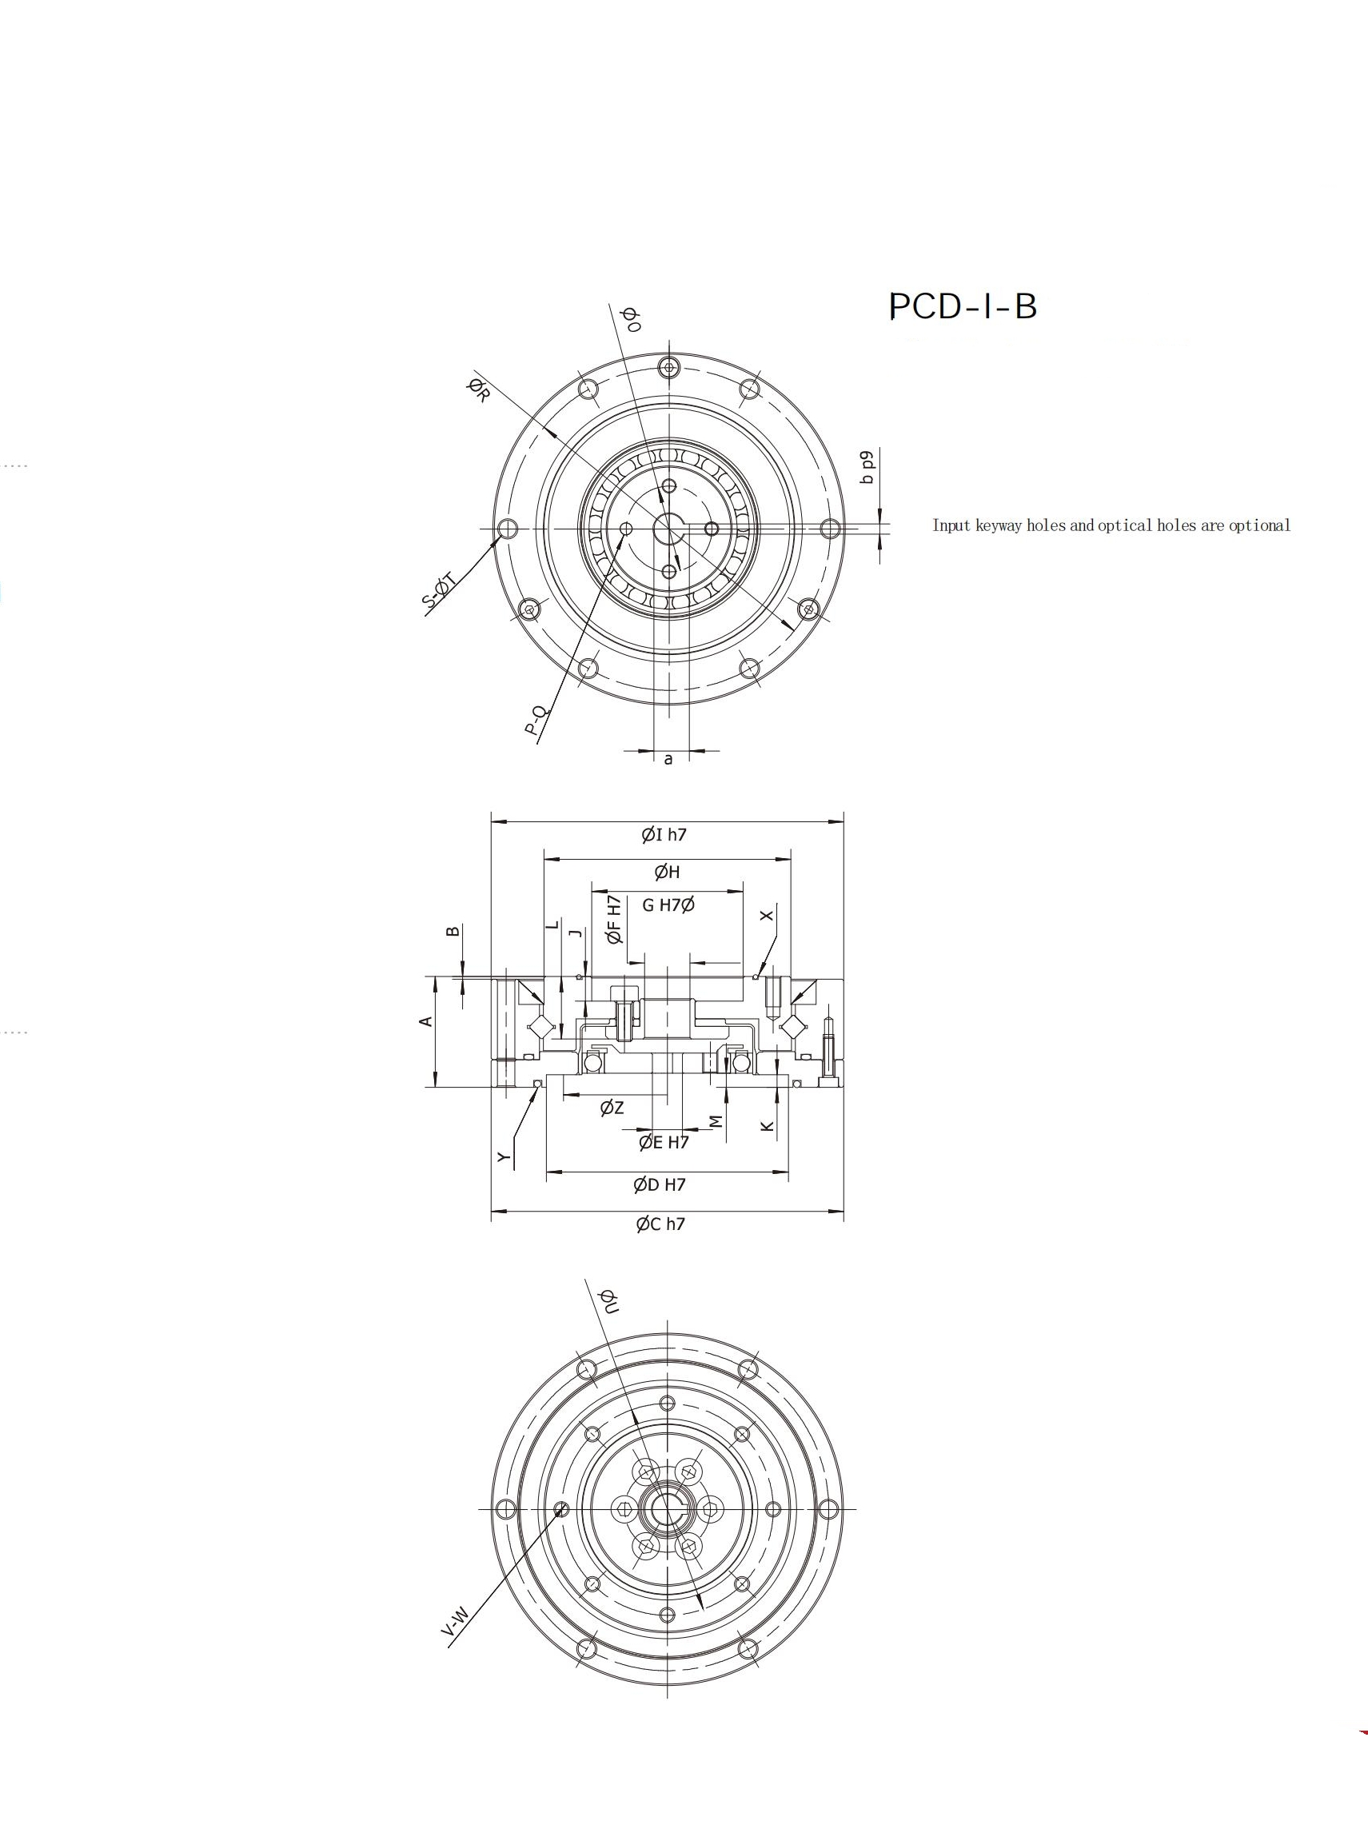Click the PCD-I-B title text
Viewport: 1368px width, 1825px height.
963,306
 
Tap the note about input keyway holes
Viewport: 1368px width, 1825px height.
1111,525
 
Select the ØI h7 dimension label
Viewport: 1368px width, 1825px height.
664,834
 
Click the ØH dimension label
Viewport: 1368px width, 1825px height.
667,871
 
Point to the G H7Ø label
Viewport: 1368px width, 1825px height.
668,905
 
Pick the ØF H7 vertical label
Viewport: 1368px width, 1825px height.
613,919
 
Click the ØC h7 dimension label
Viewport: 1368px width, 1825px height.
660,1224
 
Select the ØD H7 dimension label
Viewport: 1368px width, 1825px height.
660,1184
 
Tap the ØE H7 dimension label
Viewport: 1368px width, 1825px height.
664,1142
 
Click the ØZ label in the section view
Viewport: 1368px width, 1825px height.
612,1108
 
